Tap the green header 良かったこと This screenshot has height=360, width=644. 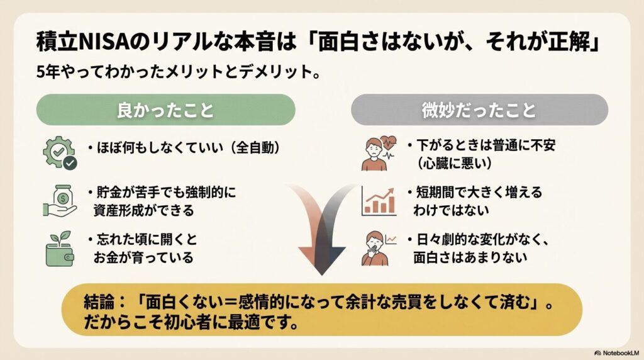(165, 110)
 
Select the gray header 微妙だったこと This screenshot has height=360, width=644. (479, 110)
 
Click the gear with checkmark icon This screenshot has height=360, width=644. (60, 152)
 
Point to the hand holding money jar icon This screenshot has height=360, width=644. (60, 201)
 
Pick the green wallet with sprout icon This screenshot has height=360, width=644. (60, 249)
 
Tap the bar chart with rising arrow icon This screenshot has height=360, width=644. (379, 201)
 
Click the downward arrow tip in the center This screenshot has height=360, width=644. (322, 274)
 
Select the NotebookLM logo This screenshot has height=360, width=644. (616, 353)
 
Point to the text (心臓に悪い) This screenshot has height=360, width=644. (454, 164)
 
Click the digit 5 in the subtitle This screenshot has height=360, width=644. (40, 72)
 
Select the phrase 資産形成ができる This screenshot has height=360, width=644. (144, 211)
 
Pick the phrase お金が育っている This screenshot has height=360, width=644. (143, 257)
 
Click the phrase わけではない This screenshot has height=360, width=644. (452, 210)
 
